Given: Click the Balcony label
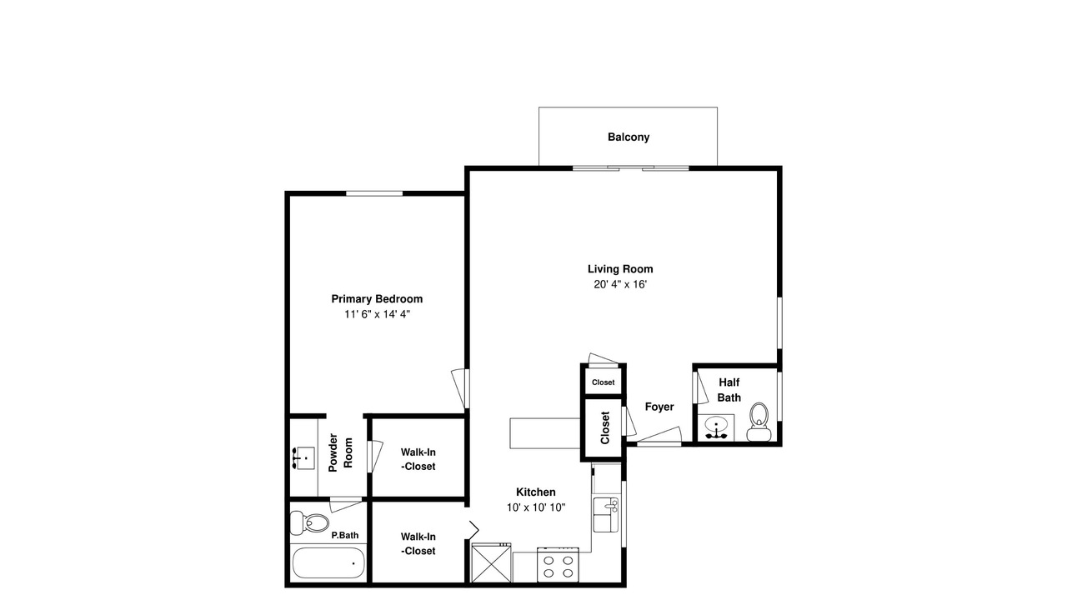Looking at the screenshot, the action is tap(629, 137).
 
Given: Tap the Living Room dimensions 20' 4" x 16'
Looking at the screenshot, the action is tap(620, 284).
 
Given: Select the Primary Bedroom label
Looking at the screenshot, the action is tap(377, 299).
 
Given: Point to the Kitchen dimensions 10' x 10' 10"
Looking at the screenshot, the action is tap(536, 507).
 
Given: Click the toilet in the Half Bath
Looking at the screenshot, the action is tap(759, 422).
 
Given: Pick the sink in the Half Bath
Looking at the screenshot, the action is tap(716, 427).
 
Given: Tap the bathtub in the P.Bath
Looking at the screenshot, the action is tap(328, 562).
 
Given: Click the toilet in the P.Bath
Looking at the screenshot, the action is tap(309, 522).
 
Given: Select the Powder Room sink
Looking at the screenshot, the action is tap(303, 458).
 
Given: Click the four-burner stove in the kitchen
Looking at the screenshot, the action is tap(558, 565).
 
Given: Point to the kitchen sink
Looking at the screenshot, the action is tap(606, 515).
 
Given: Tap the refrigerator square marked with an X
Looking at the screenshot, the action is tap(491, 563).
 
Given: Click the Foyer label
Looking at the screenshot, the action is tap(659, 407).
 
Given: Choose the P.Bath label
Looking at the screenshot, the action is tap(345, 535).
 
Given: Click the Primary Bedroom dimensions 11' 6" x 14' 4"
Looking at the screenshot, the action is tap(378, 314).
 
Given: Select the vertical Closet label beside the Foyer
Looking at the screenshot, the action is tap(605, 427).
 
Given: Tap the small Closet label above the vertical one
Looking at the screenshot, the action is tap(603, 382).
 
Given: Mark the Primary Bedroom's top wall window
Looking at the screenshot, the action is tap(374, 193).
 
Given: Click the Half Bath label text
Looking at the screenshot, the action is tap(729, 390).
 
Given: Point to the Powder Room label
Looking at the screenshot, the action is tap(340, 452).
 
